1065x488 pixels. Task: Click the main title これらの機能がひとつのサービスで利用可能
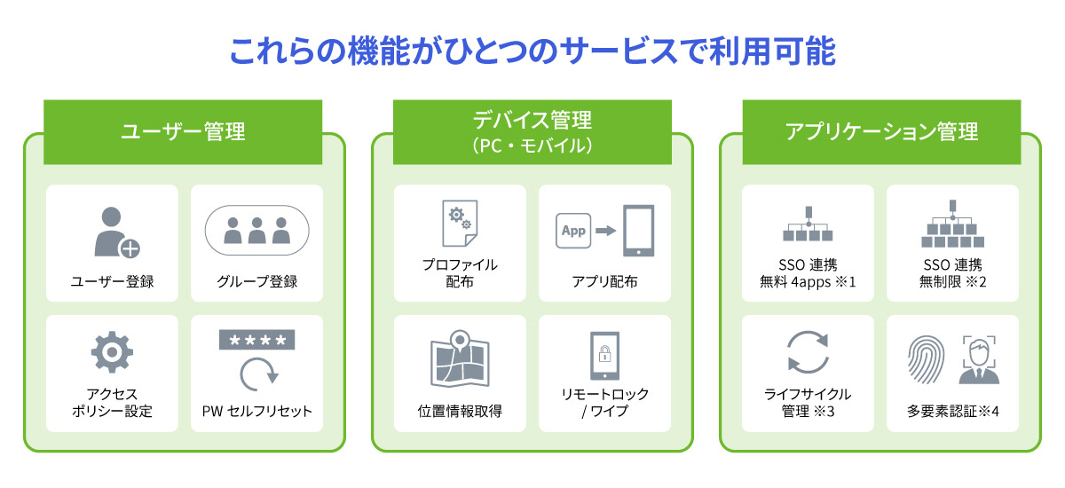[532, 51]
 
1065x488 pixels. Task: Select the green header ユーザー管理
[183, 132]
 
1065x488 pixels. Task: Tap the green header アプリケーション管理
[881, 132]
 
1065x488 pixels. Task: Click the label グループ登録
[256, 282]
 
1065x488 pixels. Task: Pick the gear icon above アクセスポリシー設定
[112, 352]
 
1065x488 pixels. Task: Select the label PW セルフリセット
[256, 413]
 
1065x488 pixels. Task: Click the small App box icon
[574, 231]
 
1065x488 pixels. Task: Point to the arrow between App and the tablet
[605, 231]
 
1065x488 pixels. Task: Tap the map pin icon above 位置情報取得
[460, 342]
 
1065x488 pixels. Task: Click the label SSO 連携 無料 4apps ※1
[807, 273]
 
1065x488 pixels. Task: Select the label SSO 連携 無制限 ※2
[951, 273]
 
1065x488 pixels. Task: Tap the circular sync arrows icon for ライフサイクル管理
[808, 352]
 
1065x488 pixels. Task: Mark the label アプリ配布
[604, 282]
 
